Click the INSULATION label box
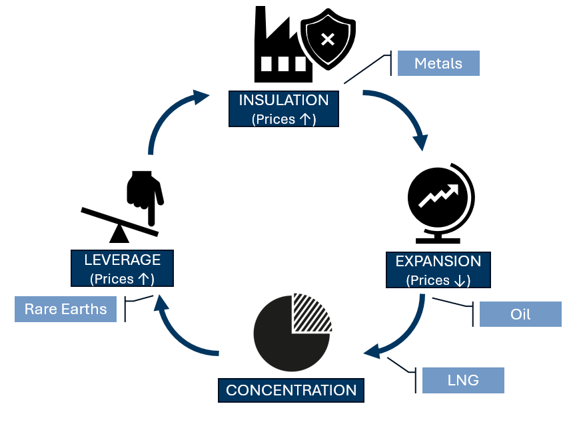[283, 109]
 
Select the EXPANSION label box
[438, 270]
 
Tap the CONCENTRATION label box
[291, 389]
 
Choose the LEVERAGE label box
[122, 268]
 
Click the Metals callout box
[438, 63]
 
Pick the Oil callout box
[520, 314]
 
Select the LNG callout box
[463, 380]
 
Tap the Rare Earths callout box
[65, 310]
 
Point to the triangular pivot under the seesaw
[120, 233]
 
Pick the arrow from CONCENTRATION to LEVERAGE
[177, 329]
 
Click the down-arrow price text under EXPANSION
[438, 280]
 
